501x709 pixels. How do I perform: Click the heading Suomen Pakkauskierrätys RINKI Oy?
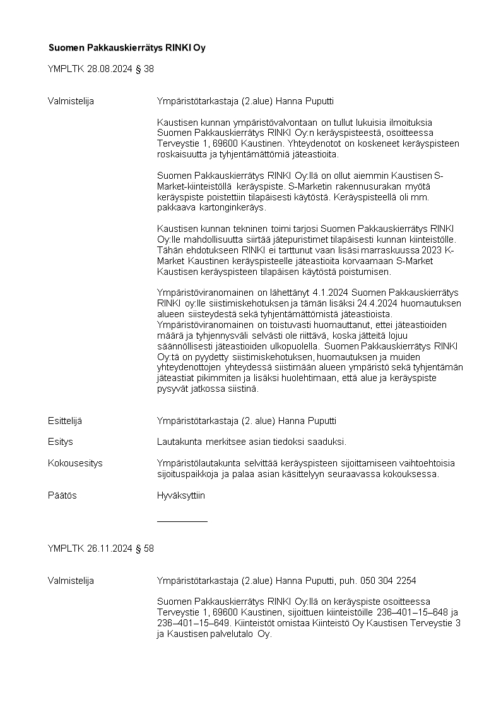pyautogui.click(x=127, y=48)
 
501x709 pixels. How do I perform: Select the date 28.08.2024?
pyautogui.click(x=110, y=69)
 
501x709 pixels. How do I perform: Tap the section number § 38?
pyautogui.click(x=144, y=69)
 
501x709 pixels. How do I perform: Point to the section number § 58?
pyautogui.click(x=144, y=548)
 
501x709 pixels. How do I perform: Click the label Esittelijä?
pyautogui.click(x=65, y=421)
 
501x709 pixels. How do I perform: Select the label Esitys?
pyautogui.click(x=61, y=442)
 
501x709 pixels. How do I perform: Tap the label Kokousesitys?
pyautogui.click(x=75, y=463)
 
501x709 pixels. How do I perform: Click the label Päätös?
pyautogui.click(x=62, y=495)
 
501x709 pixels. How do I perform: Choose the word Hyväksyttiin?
pyautogui.click(x=180, y=495)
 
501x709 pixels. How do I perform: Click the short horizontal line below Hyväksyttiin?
pyautogui.click(x=182, y=521)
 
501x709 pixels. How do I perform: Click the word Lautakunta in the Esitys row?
pyautogui.click(x=177, y=442)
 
